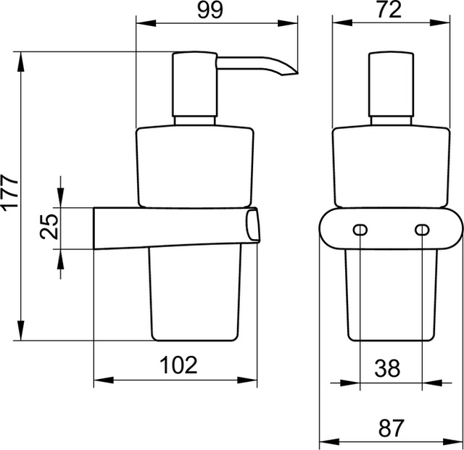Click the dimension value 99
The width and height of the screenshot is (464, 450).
point(210,10)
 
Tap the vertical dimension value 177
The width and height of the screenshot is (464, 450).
point(11,193)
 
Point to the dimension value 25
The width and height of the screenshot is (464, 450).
point(49,226)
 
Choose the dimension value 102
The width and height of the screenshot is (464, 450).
point(178,364)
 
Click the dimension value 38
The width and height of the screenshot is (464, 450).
point(387,368)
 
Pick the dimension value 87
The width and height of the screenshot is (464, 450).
point(391,428)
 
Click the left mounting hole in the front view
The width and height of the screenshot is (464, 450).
point(360,230)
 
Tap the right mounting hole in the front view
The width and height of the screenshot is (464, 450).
point(422,230)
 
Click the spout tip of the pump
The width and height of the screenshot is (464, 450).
point(297,72)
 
